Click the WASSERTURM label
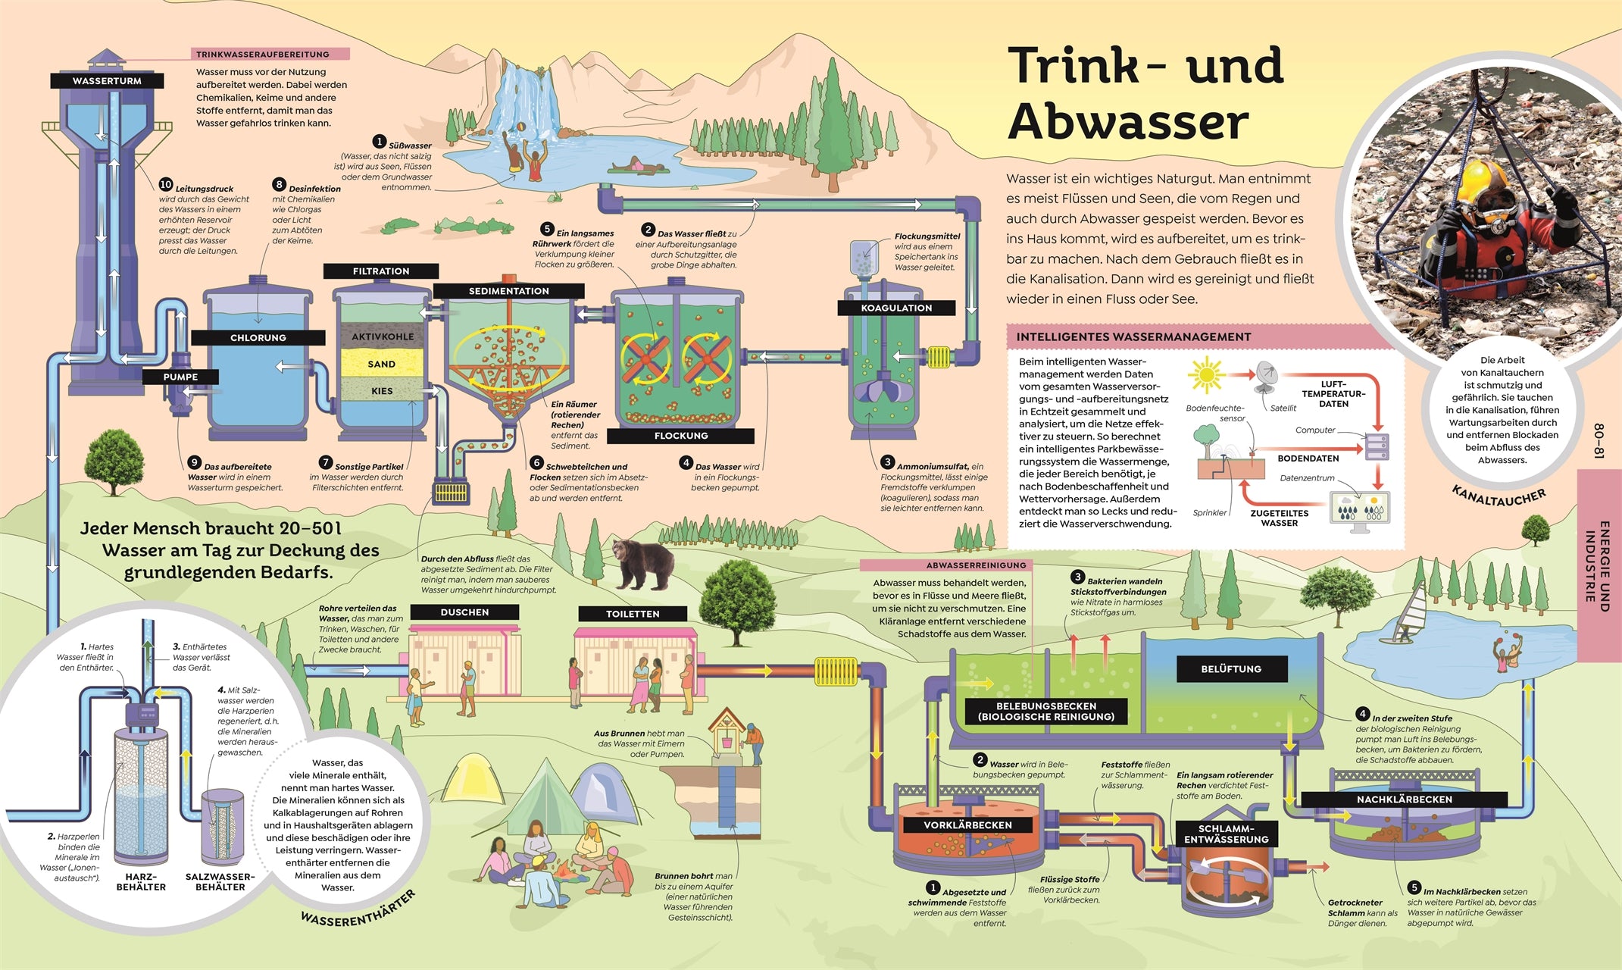[107, 81]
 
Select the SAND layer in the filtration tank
[381, 364]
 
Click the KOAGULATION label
[896, 308]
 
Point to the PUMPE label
[180, 377]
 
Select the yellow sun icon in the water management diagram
[1205, 374]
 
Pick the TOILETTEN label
[633, 614]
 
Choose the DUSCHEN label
[464, 612]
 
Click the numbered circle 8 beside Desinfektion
[279, 185]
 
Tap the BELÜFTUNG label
[1231, 669]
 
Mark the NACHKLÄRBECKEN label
[1404, 799]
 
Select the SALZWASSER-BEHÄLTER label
[220, 881]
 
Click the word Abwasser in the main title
[1128, 121]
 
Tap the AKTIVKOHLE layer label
[383, 336]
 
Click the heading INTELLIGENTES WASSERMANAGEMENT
[1133, 337]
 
